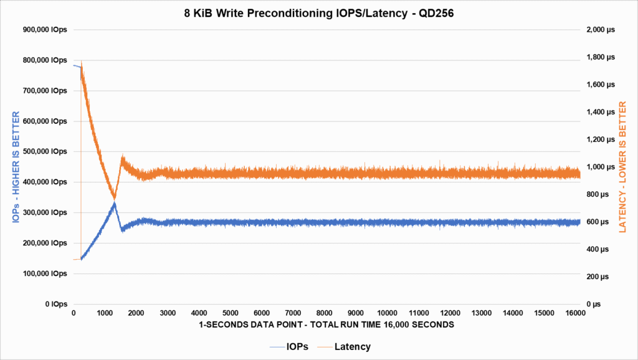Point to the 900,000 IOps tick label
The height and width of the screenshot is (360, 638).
[45, 30]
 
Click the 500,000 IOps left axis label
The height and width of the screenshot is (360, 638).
[45, 151]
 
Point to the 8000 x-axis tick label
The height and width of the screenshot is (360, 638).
[325, 313]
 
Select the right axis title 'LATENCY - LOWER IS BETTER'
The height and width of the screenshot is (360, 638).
[622, 166]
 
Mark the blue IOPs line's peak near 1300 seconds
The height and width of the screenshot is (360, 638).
[114, 203]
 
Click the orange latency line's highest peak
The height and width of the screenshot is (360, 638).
[82, 61]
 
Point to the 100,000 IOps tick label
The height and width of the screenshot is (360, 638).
[45, 273]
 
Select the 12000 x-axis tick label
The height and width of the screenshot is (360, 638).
[450, 313]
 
